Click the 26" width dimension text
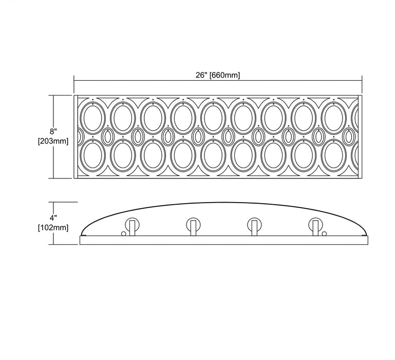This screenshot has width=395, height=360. point(202,75)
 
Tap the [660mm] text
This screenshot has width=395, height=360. point(224,75)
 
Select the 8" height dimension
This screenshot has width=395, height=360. point(53,131)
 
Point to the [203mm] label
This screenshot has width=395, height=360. point(53,141)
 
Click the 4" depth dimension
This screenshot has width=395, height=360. point(53,218)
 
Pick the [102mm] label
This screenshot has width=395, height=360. point(53,227)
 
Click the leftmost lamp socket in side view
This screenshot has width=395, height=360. point(132,226)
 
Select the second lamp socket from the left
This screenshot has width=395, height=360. point(194,226)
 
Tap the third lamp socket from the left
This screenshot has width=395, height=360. point(254,226)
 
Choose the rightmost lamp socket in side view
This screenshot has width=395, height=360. point(316,226)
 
